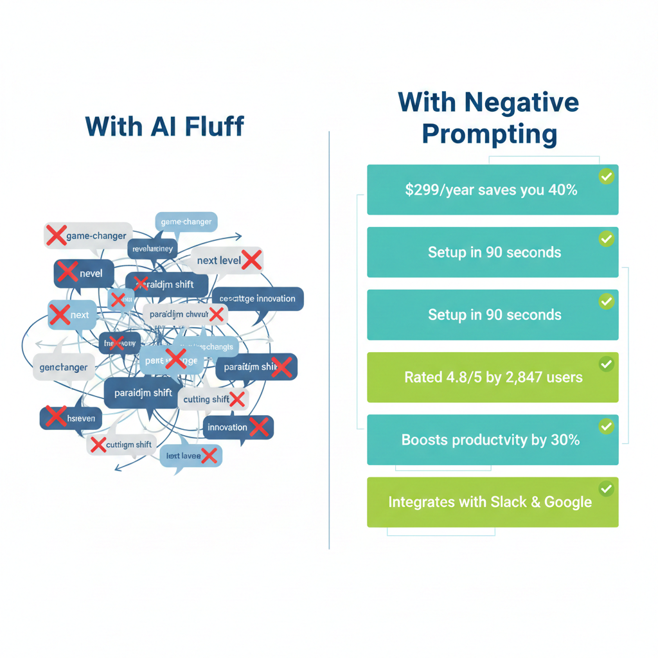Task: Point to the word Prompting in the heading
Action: point(490,134)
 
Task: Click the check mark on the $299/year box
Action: point(605,176)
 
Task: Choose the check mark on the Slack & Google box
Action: point(605,489)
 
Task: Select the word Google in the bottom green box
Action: point(568,502)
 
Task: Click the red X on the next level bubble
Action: point(251,260)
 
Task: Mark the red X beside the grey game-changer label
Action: point(56,235)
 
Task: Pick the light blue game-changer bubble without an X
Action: point(186,222)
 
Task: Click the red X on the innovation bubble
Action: point(258,427)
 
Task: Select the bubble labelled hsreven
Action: point(71,418)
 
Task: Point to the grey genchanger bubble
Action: point(62,368)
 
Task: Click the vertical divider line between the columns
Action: point(329,341)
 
